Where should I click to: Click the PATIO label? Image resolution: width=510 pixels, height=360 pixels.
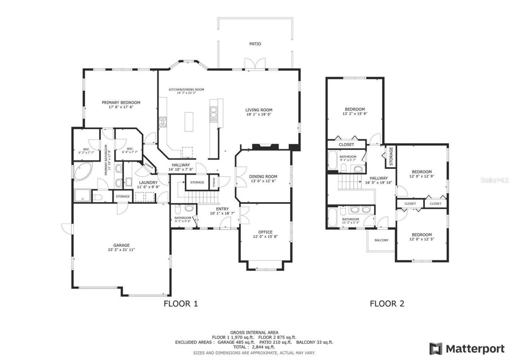click(x=255, y=44)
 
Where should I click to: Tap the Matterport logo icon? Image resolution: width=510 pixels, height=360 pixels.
click(x=435, y=348)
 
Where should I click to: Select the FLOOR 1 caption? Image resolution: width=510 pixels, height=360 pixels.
click(x=180, y=304)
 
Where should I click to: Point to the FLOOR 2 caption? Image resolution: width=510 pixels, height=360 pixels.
click(x=387, y=304)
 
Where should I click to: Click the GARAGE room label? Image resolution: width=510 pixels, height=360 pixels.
click(x=121, y=245)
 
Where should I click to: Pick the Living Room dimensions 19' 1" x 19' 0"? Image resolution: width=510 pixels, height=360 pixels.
click(x=259, y=115)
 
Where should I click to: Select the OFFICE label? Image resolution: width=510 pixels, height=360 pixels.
click(x=265, y=232)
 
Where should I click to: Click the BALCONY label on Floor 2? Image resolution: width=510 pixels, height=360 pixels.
click(x=381, y=240)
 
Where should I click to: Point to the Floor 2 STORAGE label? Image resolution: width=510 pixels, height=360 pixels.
click(x=391, y=156)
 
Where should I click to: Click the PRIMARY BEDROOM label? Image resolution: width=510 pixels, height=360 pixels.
click(x=121, y=102)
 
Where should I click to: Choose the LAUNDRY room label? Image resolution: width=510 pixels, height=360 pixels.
click(x=148, y=182)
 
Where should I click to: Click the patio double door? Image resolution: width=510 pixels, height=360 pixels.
click(x=254, y=63)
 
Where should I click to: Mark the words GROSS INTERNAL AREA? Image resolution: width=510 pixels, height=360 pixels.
click(x=254, y=332)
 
